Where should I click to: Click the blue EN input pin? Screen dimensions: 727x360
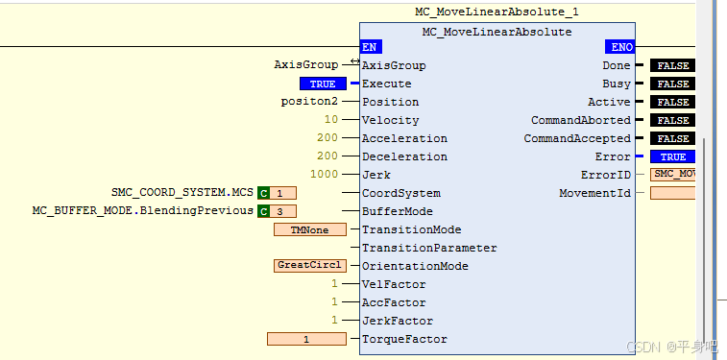tap(370, 47)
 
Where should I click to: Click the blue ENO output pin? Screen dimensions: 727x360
tap(620, 47)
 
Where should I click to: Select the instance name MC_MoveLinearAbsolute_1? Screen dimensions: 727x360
tap(497, 12)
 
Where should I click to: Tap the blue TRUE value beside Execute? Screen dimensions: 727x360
tap(322, 84)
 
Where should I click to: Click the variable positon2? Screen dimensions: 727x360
tap(309, 102)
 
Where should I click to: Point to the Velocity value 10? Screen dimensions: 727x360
tap(331, 120)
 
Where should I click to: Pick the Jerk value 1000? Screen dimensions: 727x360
tap(325, 175)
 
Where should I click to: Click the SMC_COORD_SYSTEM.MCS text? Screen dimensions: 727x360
tap(182, 192)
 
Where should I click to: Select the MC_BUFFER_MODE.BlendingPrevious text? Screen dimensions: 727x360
tap(143, 210)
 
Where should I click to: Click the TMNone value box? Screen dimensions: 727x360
tap(309, 229)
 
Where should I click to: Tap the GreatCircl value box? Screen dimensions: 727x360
tap(309, 266)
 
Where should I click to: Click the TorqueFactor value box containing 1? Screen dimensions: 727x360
tap(306, 339)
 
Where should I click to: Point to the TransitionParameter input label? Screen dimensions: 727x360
tap(429, 248)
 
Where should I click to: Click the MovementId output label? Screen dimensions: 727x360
tap(594, 193)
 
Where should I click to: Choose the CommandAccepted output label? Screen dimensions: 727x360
tap(577, 138)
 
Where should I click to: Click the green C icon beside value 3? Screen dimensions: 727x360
tap(263, 211)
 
